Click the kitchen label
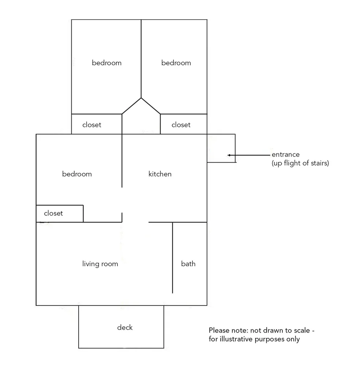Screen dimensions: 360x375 click(160, 174)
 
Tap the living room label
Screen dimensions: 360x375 click(100, 264)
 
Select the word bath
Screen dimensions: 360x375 click(188, 264)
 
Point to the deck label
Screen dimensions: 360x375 click(125, 327)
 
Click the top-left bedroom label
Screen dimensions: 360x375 click(107, 63)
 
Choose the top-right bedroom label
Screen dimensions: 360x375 click(176, 63)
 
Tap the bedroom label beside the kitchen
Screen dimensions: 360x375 click(77, 174)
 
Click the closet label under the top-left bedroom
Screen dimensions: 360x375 click(92, 125)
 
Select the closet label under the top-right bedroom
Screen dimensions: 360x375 click(181, 125)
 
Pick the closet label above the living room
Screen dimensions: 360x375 click(53, 213)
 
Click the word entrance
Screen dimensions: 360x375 click(286, 155)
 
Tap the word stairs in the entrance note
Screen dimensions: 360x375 click(321, 163)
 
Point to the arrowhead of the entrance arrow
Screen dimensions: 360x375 click(229, 155)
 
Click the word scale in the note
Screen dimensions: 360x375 click(302, 330)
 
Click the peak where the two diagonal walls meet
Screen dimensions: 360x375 click(141, 98)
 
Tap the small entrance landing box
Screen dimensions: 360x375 click(221, 148)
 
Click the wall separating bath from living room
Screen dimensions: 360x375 click(172, 258)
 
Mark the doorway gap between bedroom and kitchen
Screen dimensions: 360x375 click(122, 200)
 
